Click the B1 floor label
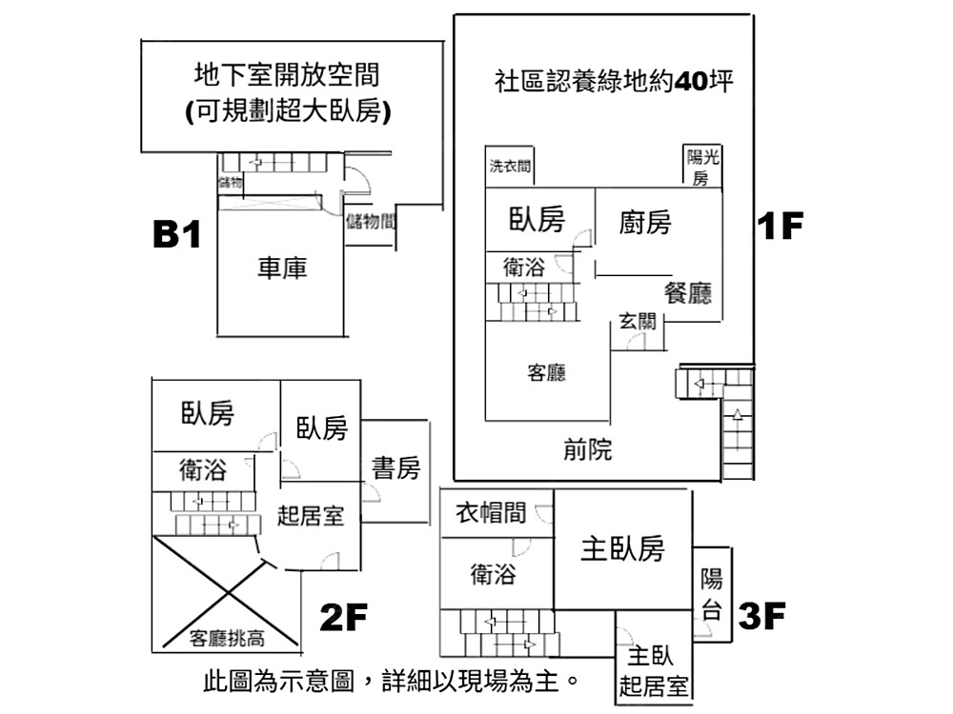pyautogui.click(x=178, y=234)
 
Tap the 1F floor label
pyautogui.click(x=781, y=226)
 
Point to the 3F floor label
pyautogui.click(x=761, y=616)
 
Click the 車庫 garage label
pyautogui.click(x=282, y=269)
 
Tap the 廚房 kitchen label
pyautogui.click(x=645, y=223)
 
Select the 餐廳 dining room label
pyautogui.click(x=688, y=293)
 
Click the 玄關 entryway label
pyautogui.click(x=638, y=322)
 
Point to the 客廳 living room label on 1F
pyautogui.click(x=547, y=372)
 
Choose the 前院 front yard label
pyautogui.click(x=588, y=449)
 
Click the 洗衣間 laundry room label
pyautogui.click(x=510, y=167)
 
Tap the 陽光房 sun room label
pyautogui.click(x=702, y=168)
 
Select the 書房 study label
pyautogui.click(x=395, y=467)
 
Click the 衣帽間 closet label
pyautogui.click(x=490, y=513)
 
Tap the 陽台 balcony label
pyautogui.click(x=712, y=594)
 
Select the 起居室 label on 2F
pyautogui.click(x=311, y=516)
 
